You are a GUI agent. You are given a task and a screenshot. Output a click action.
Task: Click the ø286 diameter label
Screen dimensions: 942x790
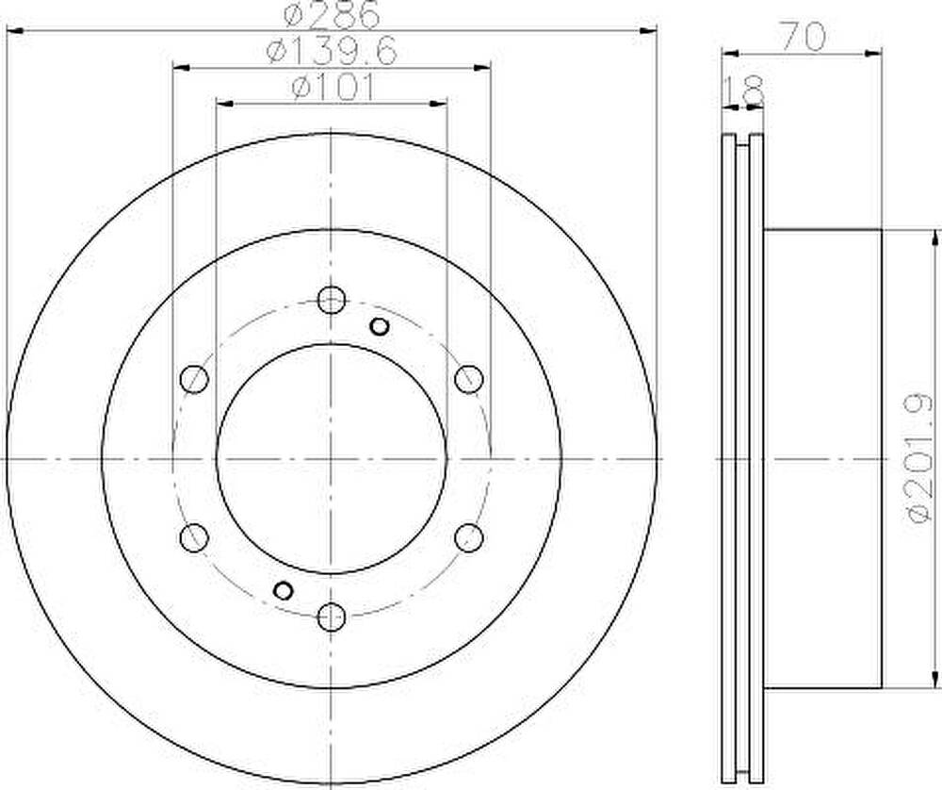(x=333, y=14)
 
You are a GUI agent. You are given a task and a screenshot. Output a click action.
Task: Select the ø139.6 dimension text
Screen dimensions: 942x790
(x=333, y=51)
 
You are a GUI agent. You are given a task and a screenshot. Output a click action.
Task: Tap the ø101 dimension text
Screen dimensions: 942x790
(x=333, y=88)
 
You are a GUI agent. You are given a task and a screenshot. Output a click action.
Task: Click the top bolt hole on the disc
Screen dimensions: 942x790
(x=331, y=300)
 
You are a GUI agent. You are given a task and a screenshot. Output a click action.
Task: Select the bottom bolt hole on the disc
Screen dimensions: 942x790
(x=331, y=617)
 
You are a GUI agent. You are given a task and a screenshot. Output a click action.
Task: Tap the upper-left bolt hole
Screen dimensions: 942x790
(x=194, y=379)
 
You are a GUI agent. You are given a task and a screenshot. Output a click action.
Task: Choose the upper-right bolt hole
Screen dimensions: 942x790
(x=468, y=379)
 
